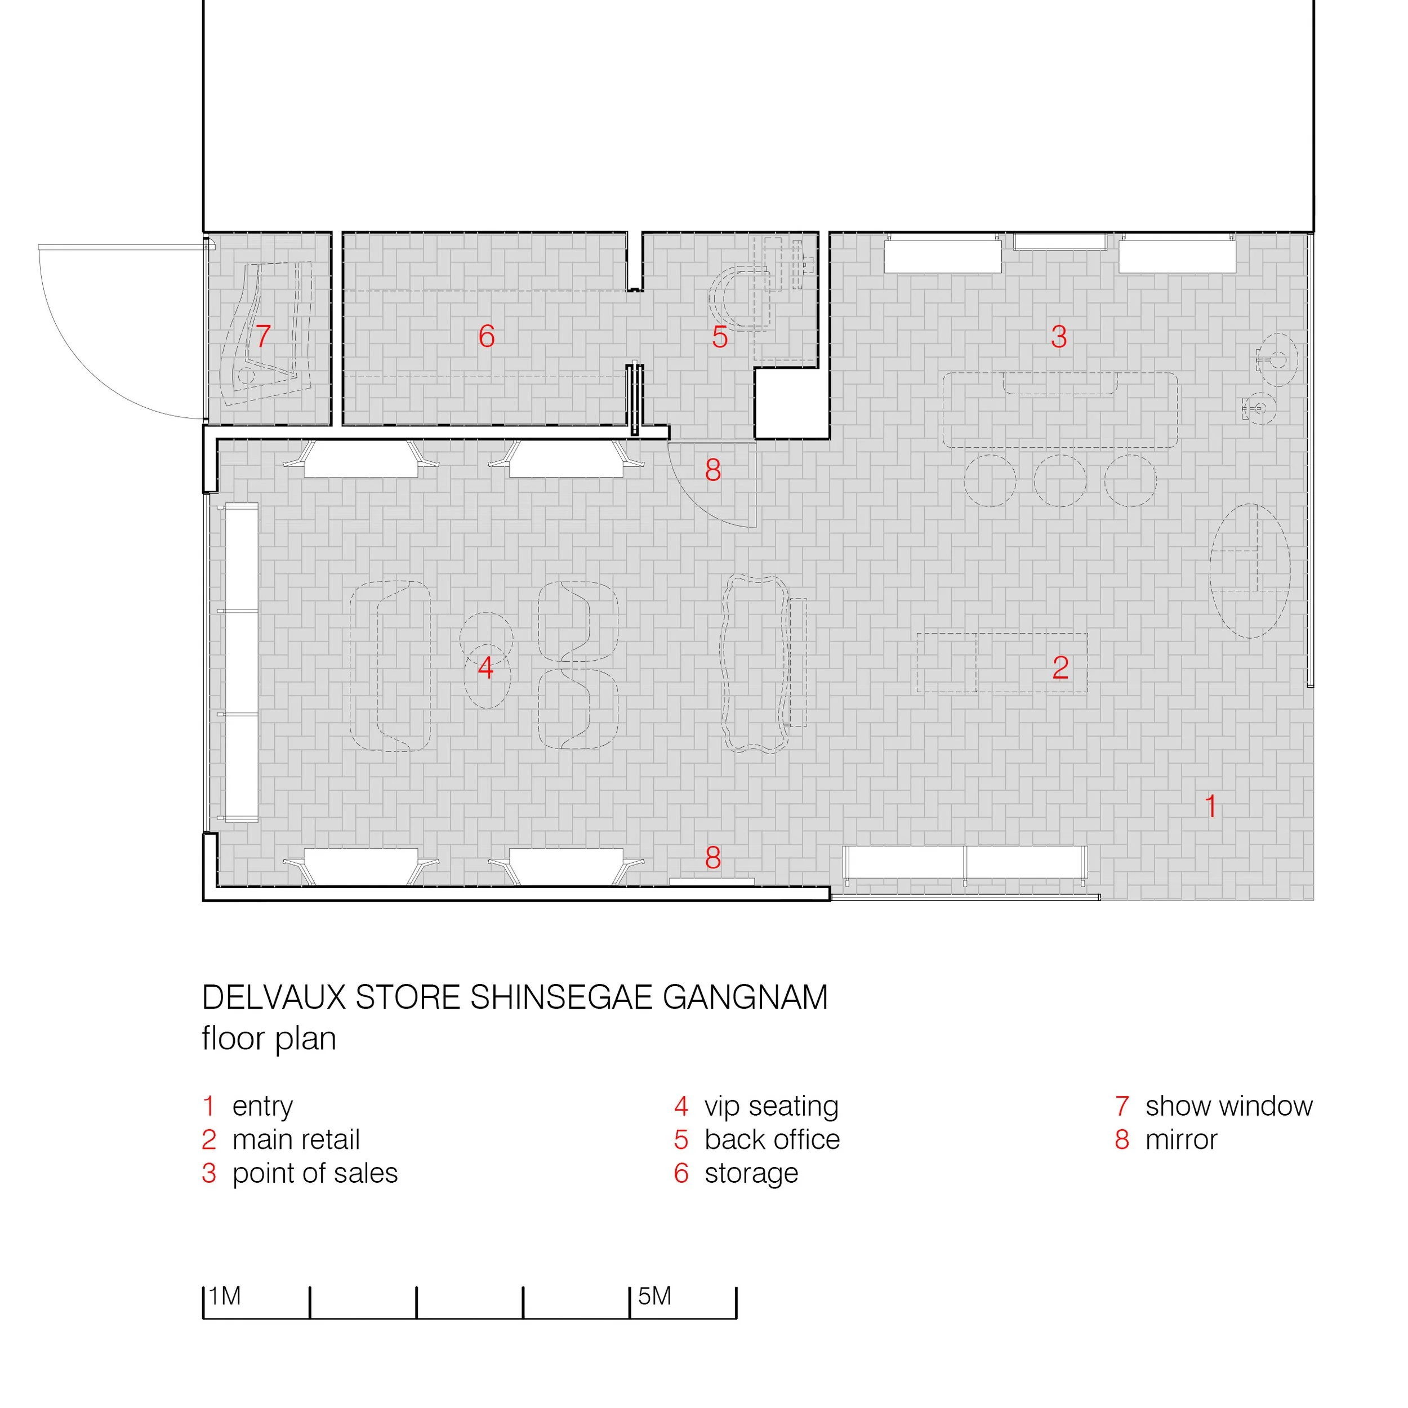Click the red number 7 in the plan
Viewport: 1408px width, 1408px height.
coord(263,336)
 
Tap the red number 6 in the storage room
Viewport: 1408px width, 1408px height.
coord(487,336)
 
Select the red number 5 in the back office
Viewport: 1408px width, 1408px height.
coord(720,337)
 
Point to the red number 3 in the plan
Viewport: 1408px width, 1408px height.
coord(1059,337)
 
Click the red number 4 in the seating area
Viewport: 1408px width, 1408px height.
coord(485,667)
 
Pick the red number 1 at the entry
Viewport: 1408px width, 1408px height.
coord(1210,807)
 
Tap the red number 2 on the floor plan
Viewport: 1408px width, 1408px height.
coord(1061,667)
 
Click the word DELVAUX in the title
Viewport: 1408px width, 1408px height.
coord(273,997)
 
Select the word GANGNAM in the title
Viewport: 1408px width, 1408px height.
coord(745,997)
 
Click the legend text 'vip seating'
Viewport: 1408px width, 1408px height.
coord(771,1106)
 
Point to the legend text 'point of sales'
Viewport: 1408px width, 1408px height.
coord(315,1173)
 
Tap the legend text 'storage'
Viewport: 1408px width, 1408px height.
coord(751,1173)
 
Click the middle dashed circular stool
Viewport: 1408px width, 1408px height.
coord(1059,480)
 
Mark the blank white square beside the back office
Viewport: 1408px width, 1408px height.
coord(791,403)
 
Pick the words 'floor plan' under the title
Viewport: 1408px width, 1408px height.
coord(269,1039)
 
